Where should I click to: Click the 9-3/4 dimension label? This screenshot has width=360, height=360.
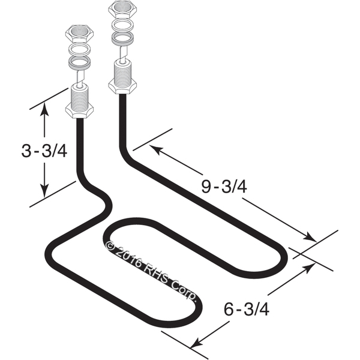pos(224,187)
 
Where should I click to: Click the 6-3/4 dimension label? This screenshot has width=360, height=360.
pos(247,310)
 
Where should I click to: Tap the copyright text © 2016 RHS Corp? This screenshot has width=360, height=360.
pos(151,270)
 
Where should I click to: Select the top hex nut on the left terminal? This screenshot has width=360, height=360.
pos(79,34)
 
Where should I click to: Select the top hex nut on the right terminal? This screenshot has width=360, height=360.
pos(122,9)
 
